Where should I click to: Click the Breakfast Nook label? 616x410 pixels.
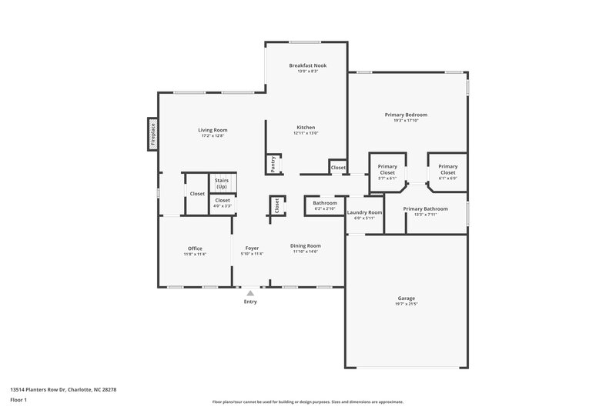point(307,65)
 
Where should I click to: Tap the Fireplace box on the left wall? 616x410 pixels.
point(152,133)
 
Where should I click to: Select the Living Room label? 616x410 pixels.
point(214,130)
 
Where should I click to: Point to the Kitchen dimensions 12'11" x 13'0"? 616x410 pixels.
point(306,133)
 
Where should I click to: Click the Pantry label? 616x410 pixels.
point(273,164)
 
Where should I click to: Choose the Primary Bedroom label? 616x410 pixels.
point(406,115)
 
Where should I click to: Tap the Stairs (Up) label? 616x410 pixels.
point(222,184)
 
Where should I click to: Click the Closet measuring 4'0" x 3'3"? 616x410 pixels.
point(222,203)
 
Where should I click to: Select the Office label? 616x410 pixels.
point(195,248)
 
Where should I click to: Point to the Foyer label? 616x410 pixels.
point(252,248)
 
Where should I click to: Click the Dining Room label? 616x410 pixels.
point(304,247)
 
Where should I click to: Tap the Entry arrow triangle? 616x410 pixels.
point(249,292)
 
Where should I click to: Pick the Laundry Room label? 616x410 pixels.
point(364,212)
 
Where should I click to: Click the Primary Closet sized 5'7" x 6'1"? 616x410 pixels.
point(387,169)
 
